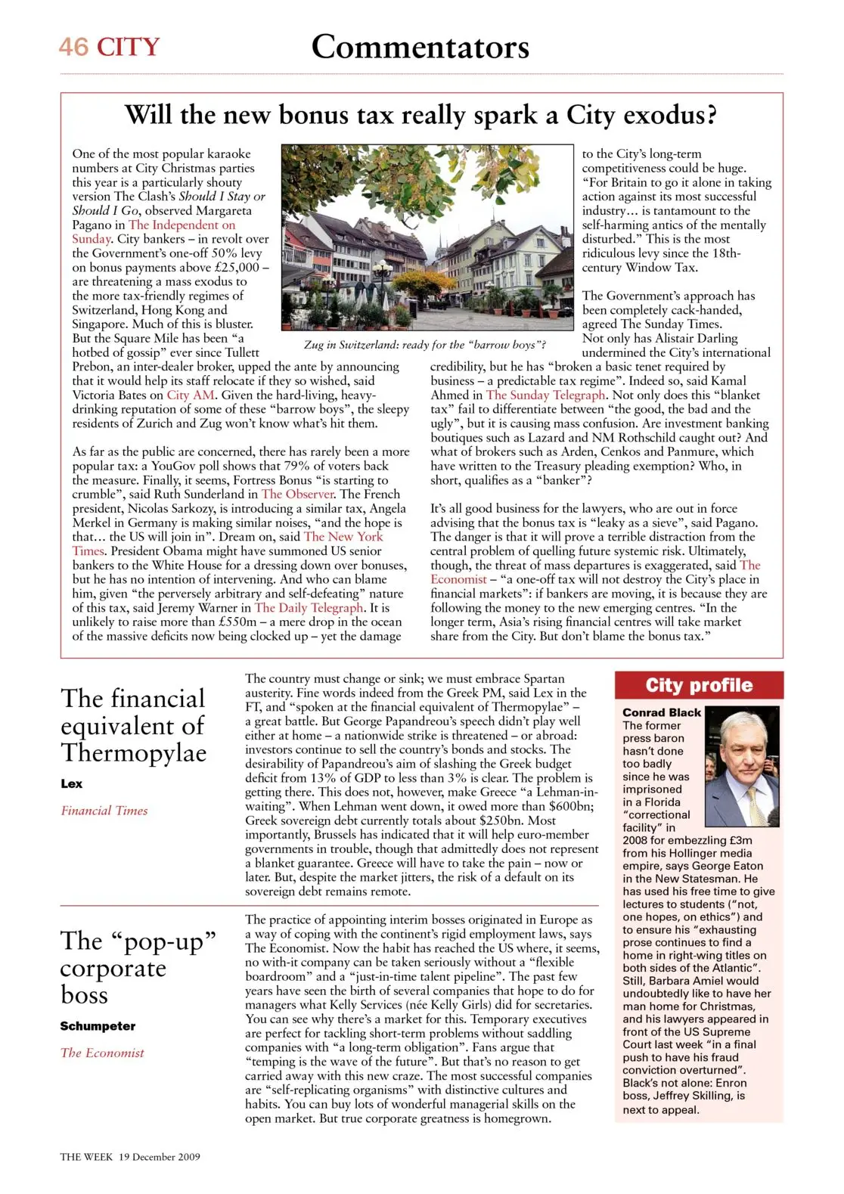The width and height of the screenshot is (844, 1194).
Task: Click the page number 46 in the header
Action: click(73, 47)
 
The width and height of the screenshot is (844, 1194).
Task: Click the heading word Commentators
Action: click(420, 47)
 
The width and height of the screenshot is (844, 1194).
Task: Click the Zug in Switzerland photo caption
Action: click(424, 345)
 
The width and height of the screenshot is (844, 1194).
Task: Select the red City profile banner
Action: click(699, 685)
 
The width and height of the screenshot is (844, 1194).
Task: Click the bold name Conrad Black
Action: click(662, 712)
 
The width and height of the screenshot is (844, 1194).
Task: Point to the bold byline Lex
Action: click(72, 783)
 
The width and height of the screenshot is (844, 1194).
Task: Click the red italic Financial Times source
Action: click(104, 811)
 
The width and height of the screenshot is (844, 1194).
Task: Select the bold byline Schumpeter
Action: click(98, 1026)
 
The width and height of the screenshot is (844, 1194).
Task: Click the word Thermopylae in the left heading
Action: click(134, 753)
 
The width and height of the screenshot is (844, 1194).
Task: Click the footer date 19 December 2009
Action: click(159, 1157)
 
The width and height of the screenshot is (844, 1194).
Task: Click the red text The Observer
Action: click(298, 494)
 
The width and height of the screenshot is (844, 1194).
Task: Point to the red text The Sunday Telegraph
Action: click(545, 395)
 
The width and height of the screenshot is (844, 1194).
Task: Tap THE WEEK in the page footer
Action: click(86, 1157)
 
